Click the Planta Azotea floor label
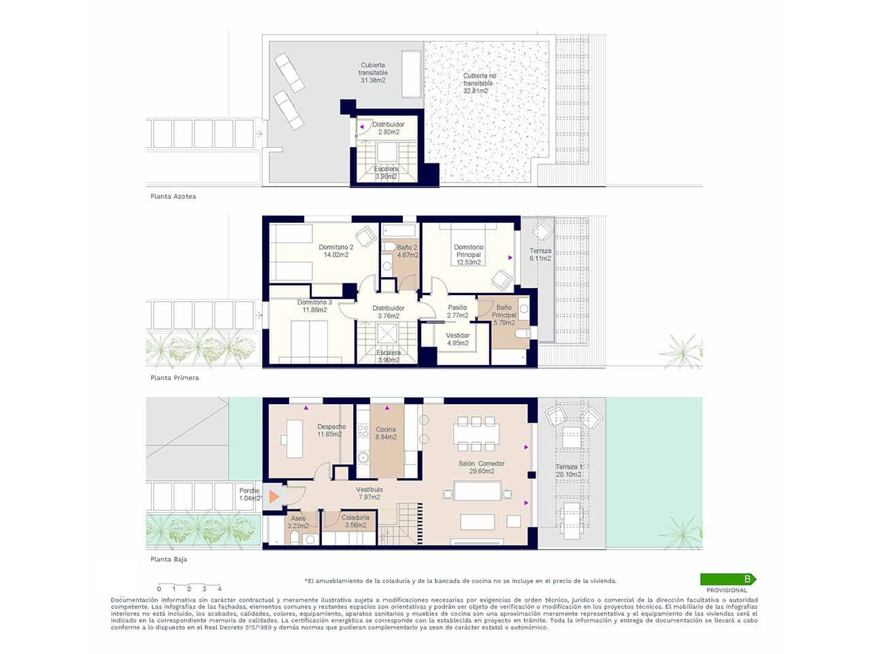tap(174, 196)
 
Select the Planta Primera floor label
tap(175, 377)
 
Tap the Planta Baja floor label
tap(169, 559)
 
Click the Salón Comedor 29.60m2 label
tap(481, 467)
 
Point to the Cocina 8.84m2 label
tap(385, 433)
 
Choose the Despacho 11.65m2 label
tap(329, 431)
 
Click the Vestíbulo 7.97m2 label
tap(369, 493)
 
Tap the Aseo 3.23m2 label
tap(298, 523)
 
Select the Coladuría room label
tap(356, 522)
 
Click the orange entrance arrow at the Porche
tap(274, 497)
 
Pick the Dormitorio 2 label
tap(336, 251)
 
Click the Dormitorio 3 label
tap(314, 306)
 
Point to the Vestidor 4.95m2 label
tap(457, 339)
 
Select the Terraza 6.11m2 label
tap(540, 255)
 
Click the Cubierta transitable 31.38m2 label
tap(374, 73)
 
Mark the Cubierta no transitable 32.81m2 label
tap(479, 83)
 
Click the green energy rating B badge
tap(728, 579)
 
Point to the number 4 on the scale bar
tap(219, 589)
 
